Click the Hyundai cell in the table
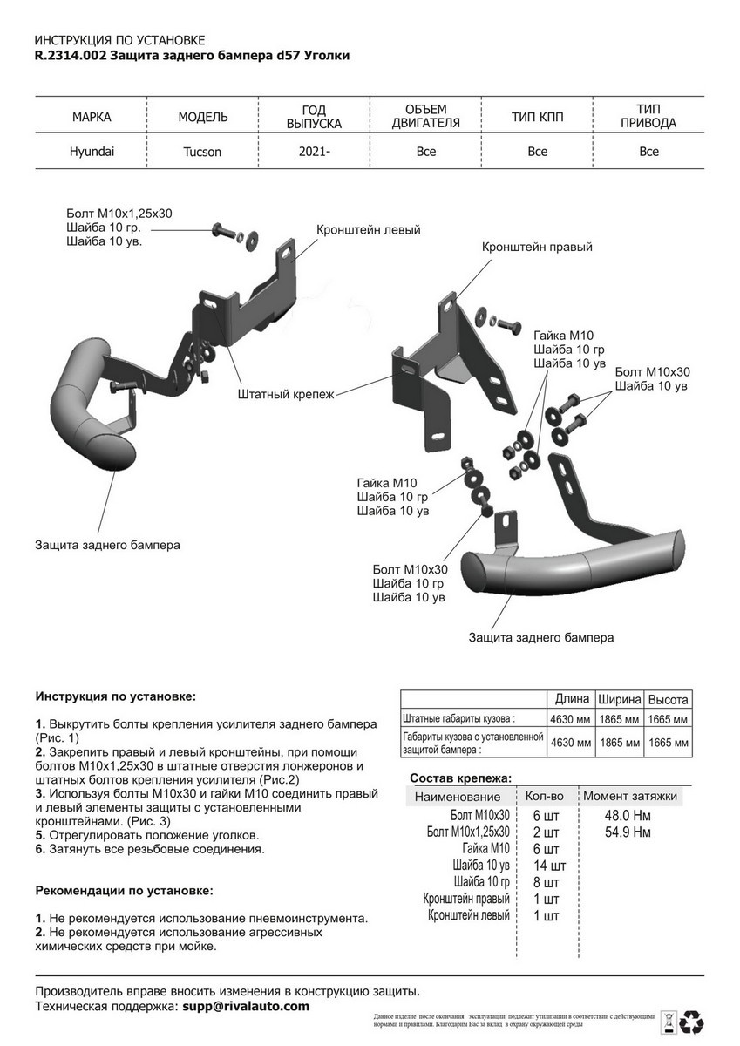[x=92, y=151]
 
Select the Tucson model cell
[x=202, y=152]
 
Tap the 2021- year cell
[x=314, y=152]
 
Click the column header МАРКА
[x=92, y=117]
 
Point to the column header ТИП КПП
[x=538, y=117]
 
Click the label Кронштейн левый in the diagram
[x=369, y=230]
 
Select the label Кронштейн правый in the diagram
[x=537, y=248]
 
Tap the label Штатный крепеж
[x=286, y=394]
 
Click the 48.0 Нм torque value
[x=628, y=816]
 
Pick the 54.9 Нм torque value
[x=628, y=832]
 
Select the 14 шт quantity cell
[x=550, y=866]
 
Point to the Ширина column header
[x=620, y=699]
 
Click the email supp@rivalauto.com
[x=246, y=1006]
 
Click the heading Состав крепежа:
[x=460, y=778]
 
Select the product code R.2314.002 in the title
[x=71, y=56]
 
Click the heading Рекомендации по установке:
[x=124, y=891]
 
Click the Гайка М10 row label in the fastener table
[x=485, y=849]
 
